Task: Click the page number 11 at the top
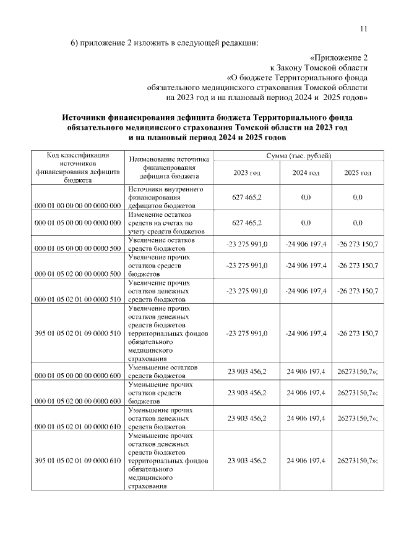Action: pyautogui.click(x=363, y=28)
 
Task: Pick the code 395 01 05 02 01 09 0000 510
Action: pyautogui.click(x=77, y=333)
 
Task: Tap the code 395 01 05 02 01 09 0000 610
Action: pyautogui.click(x=77, y=461)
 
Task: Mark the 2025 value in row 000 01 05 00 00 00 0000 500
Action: pyautogui.click(x=358, y=245)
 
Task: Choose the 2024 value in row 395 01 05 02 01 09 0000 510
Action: pyautogui.click(x=306, y=333)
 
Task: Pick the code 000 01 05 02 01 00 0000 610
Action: pyautogui.click(x=77, y=427)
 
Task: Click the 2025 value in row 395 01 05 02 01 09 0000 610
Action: pyautogui.click(x=358, y=461)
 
